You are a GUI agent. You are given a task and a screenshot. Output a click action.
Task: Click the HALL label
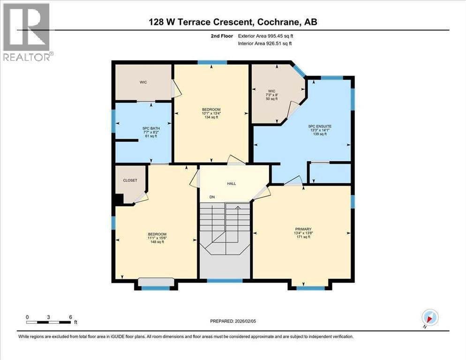[232, 183]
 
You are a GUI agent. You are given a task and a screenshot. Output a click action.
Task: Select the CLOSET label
[130, 180]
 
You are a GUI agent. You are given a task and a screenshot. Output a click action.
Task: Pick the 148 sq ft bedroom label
[157, 238]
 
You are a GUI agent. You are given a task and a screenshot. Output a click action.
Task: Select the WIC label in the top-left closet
[143, 82]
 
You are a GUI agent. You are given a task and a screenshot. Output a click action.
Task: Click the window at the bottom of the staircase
[225, 281]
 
